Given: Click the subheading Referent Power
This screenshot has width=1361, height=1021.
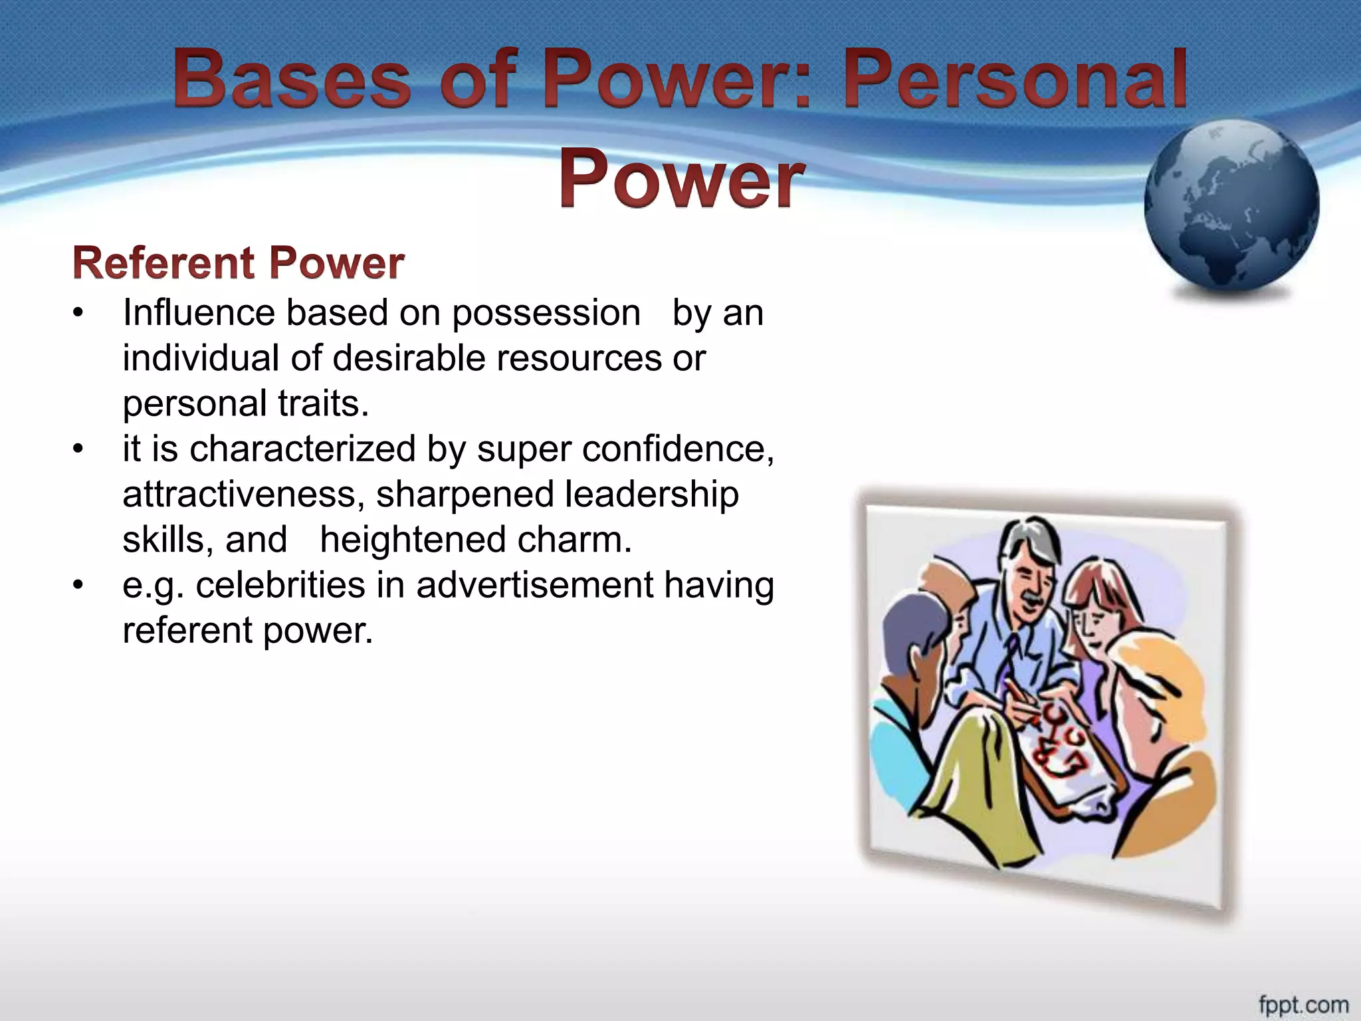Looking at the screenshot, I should pos(238,263).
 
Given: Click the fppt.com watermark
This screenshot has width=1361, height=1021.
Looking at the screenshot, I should pos(1303,1004).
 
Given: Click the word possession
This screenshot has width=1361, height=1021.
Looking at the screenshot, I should pos(546,314).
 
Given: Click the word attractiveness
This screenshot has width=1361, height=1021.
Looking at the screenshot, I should pos(243,495).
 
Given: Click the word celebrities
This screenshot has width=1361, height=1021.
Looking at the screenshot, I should pos(280,585).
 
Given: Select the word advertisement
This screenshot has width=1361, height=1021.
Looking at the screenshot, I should pos(535,585).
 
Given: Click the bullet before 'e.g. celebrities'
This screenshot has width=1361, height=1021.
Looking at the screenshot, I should pos(78,585).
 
